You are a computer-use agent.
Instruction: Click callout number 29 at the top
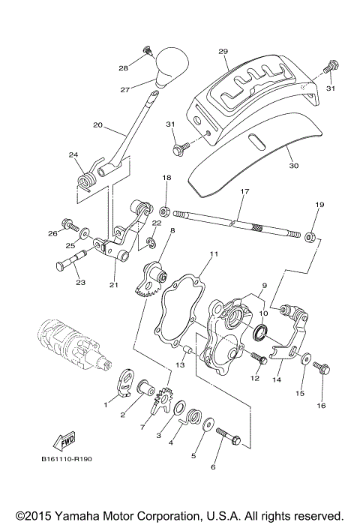pos(223,51)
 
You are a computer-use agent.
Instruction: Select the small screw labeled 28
pos(147,51)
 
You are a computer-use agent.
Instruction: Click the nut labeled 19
pos(308,238)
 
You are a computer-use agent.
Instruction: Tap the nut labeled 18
pos(165,203)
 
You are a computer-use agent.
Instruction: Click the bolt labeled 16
pos(322,368)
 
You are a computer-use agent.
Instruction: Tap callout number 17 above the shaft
pos(244,192)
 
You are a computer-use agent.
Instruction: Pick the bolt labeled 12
pos(260,359)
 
